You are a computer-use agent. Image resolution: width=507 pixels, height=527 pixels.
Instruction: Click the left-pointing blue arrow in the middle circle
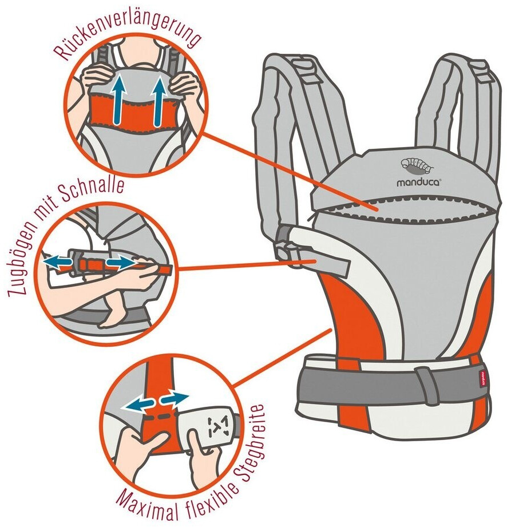tap(57, 260)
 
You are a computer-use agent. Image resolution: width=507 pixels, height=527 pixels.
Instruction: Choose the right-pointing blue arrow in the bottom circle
tap(175, 398)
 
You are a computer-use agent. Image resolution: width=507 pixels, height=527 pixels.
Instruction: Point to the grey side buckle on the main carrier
tap(287, 245)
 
